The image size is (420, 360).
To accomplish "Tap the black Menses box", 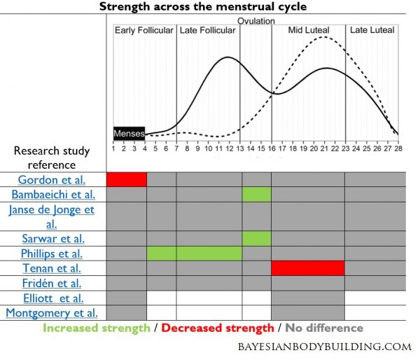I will tap(129, 133).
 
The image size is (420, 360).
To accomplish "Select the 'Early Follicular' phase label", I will tap(144, 30).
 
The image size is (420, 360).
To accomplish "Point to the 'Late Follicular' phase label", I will tap(208, 30).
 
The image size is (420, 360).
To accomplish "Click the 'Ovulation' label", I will tap(255, 21).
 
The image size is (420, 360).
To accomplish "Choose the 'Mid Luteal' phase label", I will tap(309, 30).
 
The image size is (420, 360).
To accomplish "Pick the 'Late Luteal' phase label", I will tap(372, 30).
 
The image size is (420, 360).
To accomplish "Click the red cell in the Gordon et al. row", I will tap(126, 179).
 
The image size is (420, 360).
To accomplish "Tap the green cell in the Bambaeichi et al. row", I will tap(256, 194).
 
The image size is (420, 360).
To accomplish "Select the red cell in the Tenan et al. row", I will tap(307, 268).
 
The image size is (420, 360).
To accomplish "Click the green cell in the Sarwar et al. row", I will tap(256, 238).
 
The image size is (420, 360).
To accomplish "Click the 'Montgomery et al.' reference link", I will tap(52, 312).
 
